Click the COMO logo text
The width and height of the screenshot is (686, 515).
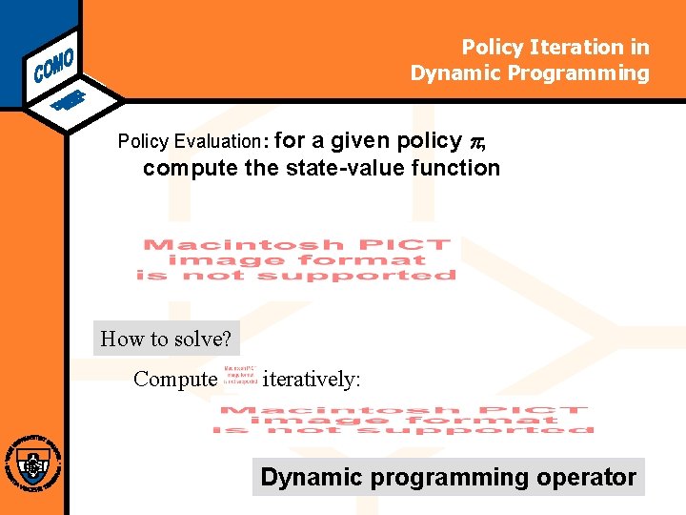(53, 59)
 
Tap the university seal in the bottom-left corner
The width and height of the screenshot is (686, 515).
(33, 465)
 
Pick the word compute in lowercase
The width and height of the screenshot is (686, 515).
(186, 168)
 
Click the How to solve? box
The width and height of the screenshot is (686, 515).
(167, 339)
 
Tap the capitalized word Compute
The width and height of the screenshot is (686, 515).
(175, 379)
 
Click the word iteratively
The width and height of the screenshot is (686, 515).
(311, 379)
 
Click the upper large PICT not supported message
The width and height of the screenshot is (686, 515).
(295, 259)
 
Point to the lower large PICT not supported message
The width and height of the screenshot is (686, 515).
(404, 420)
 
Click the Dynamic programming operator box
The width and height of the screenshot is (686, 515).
(448, 477)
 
